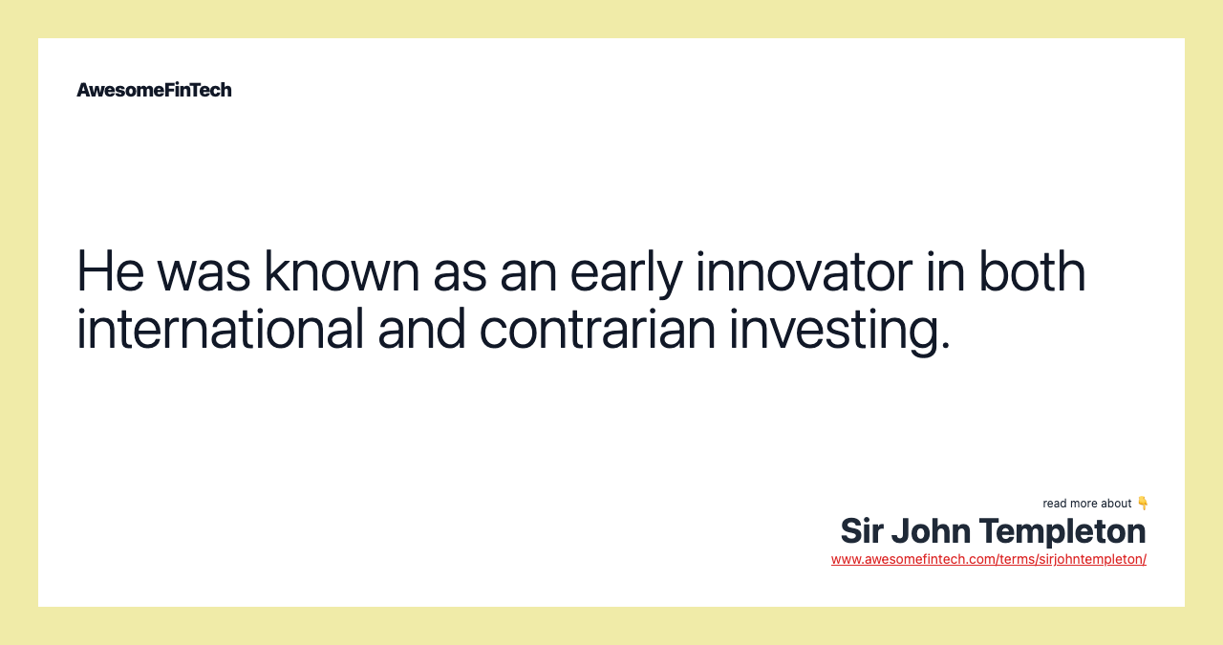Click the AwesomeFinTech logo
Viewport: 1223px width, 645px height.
pos(154,90)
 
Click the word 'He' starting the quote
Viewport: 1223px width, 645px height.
pos(110,271)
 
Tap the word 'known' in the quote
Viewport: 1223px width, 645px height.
pos(341,271)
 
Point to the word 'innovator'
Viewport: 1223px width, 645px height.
pos(804,271)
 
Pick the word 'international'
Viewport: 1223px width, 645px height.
pos(220,329)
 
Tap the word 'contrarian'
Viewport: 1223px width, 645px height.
pos(597,329)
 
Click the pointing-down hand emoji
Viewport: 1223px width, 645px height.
pos(1143,503)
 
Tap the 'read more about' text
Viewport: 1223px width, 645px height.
pos(1087,504)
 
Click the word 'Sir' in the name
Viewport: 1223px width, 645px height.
pos(862,531)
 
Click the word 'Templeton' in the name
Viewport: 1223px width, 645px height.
pos(1062,531)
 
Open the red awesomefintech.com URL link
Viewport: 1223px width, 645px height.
pos(988,559)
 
